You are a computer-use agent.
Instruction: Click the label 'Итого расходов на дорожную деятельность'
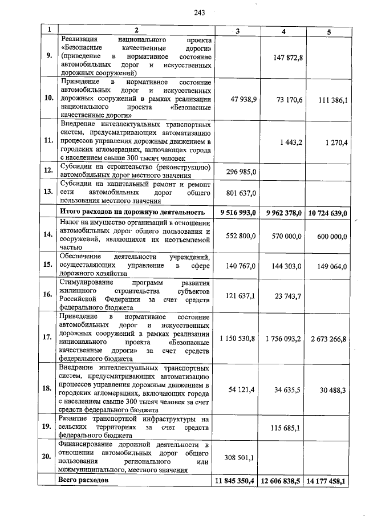132,213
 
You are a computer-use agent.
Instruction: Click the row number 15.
48,265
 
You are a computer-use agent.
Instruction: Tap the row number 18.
48,388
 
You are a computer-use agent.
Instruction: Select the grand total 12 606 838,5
281,482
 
